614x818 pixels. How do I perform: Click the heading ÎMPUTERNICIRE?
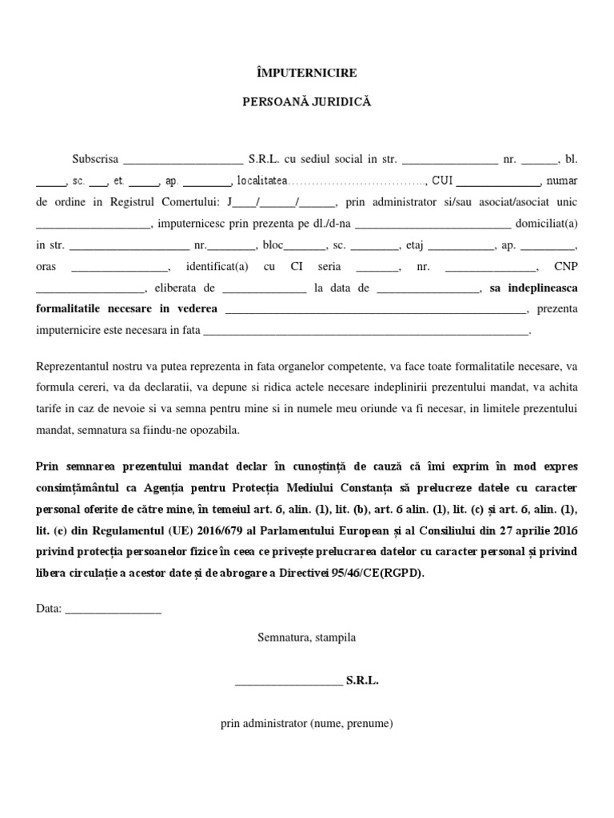[306, 73]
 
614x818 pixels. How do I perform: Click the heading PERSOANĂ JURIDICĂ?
[306, 102]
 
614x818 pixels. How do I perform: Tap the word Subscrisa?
[95, 159]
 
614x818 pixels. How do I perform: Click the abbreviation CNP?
[566, 267]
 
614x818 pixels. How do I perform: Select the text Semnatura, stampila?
[307, 637]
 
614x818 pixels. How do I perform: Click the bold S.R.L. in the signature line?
[362, 681]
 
